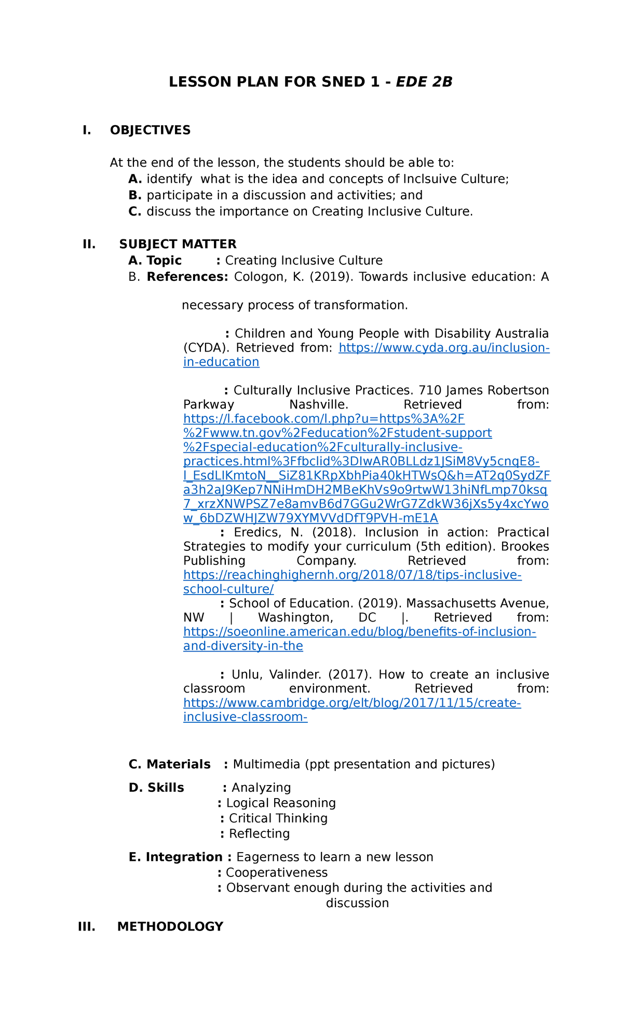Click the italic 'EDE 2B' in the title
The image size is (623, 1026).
[x=424, y=82]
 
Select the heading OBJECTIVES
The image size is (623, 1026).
[x=150, y=130]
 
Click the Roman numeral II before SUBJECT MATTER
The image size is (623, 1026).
[x=89, y=244]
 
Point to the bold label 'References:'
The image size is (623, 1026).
[x=187, y=277]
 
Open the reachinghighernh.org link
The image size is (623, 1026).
[x=353, y=575]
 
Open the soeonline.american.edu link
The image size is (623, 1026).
[x=359, y=632]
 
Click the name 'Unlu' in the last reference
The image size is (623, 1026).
[x=245, y=674]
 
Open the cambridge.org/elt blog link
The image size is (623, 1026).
[x=352, y=703]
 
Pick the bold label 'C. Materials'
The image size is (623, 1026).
[x=170, y=764]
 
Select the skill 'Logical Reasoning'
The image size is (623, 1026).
[x=281, y=803]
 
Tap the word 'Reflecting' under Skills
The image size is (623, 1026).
[x=259, y=834]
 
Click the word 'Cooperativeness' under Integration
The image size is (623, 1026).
[x=277, y=873]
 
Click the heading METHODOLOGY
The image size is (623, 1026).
[x=170, y=927]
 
